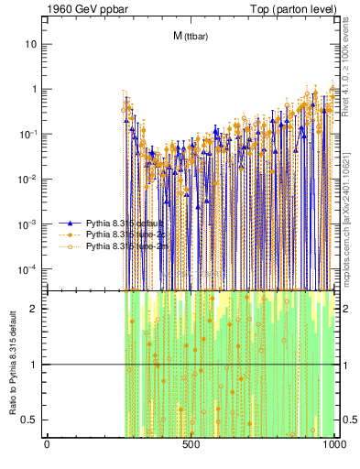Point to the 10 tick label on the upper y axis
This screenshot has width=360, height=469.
point(31,44)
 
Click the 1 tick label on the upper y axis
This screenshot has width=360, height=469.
point(34,89)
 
